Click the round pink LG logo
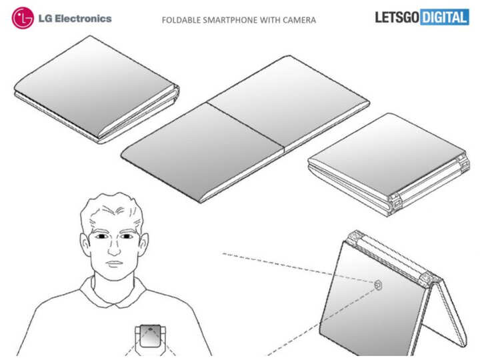pyautogui.click(x=23, y=18)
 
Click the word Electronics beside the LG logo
pyautogui.click(x=83, y=19)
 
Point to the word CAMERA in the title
pyautogui.click(x=299, y=20)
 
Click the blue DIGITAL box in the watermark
pyautogui.click(x=445, y=17)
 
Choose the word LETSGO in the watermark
pyautogui.click(x=397, y=17)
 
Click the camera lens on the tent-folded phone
pyautogui.click(x=379, y=285)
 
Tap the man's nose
pyautogui.click(x=115, y=248)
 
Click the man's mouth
pyautogui.click(x=114, y=263)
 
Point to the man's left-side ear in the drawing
pyautogui.click(x=85, y=244)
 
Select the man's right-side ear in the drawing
pyautogui.click(x=143, y=244)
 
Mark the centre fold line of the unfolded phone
pyautogui.click(x=246, y=127)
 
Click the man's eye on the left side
pyautogui.click(x=101, y=237)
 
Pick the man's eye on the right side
pyautogui.click(x=127, y=236)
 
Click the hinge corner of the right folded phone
pyautogui.click(x=395, y=202)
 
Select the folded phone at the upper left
pyautogui.click(x=97, y=89)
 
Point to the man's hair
pyautogui.click(x=112, y=208)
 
